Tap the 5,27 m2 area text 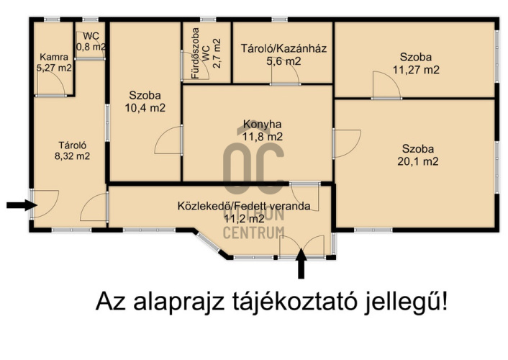coord(55,68)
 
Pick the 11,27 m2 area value coord(416,70)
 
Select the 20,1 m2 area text coord(416,161)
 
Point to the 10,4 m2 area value coord(145,108)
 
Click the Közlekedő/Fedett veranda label coord(244,206)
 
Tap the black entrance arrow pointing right coord(20,205)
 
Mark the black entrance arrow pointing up coord(301,264)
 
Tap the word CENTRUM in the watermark coord(253,233)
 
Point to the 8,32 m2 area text coord(72,156)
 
